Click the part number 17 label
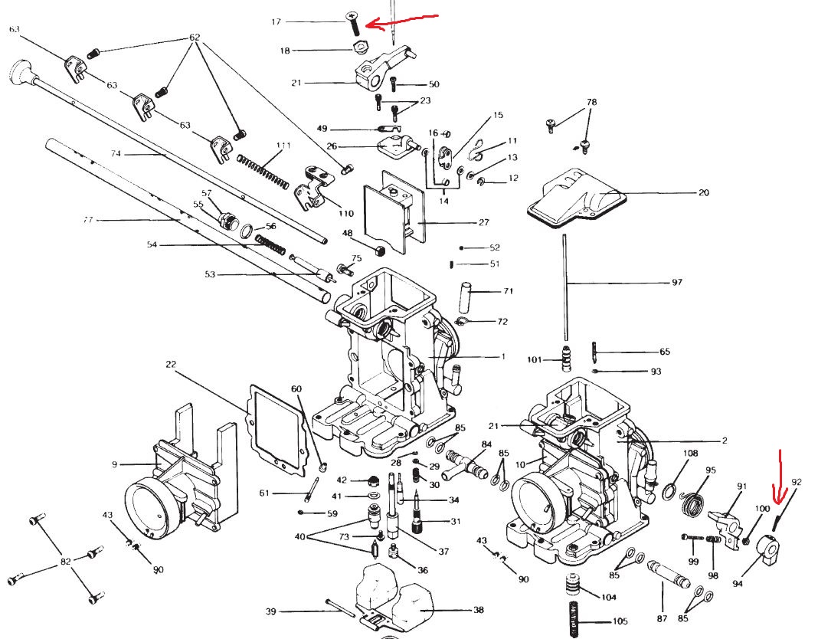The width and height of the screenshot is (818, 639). click(276, 22)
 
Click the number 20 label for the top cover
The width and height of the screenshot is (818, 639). click(703, 192)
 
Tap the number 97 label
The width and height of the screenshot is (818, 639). click(676, 283)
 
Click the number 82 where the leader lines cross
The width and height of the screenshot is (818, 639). click(66, 562)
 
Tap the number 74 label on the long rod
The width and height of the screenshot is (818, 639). click(116, 154)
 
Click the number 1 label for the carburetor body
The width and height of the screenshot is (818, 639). click(503, 356)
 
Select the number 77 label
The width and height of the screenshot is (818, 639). click(88, 220)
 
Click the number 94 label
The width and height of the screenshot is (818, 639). click(738, 584)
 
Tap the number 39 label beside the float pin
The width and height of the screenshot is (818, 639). click(270, 611)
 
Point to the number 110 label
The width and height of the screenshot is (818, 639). click(345, 214)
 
